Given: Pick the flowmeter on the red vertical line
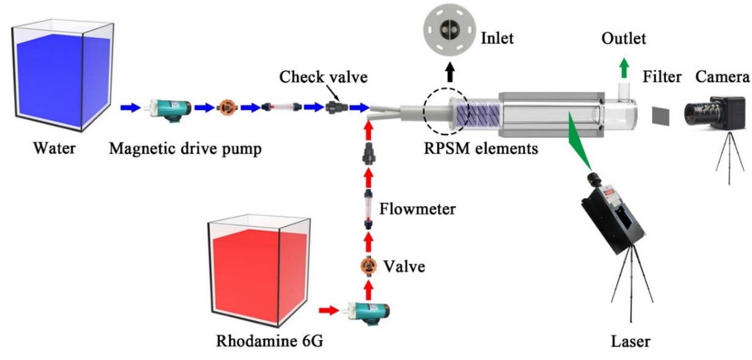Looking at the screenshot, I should point(368,202).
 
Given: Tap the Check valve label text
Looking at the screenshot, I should point(315,78).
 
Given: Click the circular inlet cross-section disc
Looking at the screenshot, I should point(450,31).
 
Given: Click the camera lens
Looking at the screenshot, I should point(698,111).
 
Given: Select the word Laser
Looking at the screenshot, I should point(630,340).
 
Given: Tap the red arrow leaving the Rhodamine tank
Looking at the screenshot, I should point(329,310).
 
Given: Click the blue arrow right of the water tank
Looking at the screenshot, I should point(130,108).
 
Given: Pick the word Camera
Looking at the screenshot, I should point(723,78).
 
